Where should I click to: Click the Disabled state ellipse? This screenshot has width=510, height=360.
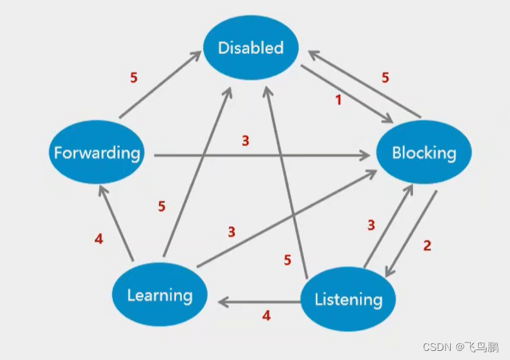[251, 48]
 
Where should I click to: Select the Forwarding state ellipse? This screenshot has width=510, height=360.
[96, 152]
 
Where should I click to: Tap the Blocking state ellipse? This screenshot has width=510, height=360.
[424, 152]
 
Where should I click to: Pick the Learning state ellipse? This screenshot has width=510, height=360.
[160, 294]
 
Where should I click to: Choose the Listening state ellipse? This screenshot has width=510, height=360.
[348, 299]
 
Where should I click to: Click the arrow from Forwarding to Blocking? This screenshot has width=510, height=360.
[262, 155]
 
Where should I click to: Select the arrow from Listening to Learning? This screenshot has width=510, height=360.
[259, 302]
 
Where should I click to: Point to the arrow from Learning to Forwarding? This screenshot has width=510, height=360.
[116, 223]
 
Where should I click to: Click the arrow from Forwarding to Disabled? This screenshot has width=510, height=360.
[161, 84]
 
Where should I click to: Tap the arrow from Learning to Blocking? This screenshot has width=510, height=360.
[286, 218]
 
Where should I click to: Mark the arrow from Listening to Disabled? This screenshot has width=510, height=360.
[286, 183]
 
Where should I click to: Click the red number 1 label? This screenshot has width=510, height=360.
[339, 100]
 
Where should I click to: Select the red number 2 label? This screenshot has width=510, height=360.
[427, 246]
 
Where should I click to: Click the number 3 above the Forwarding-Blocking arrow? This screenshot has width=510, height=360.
[246, 141]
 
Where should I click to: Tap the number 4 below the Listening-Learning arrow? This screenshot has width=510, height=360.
[267, 315]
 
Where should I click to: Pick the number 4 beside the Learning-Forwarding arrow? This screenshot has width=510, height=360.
[99, 239]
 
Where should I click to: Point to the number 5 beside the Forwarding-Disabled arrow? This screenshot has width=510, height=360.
[133, 77]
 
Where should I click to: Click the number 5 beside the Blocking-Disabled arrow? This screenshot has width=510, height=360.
[385, 77]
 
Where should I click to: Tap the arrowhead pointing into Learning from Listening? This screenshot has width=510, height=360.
[222, 302]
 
